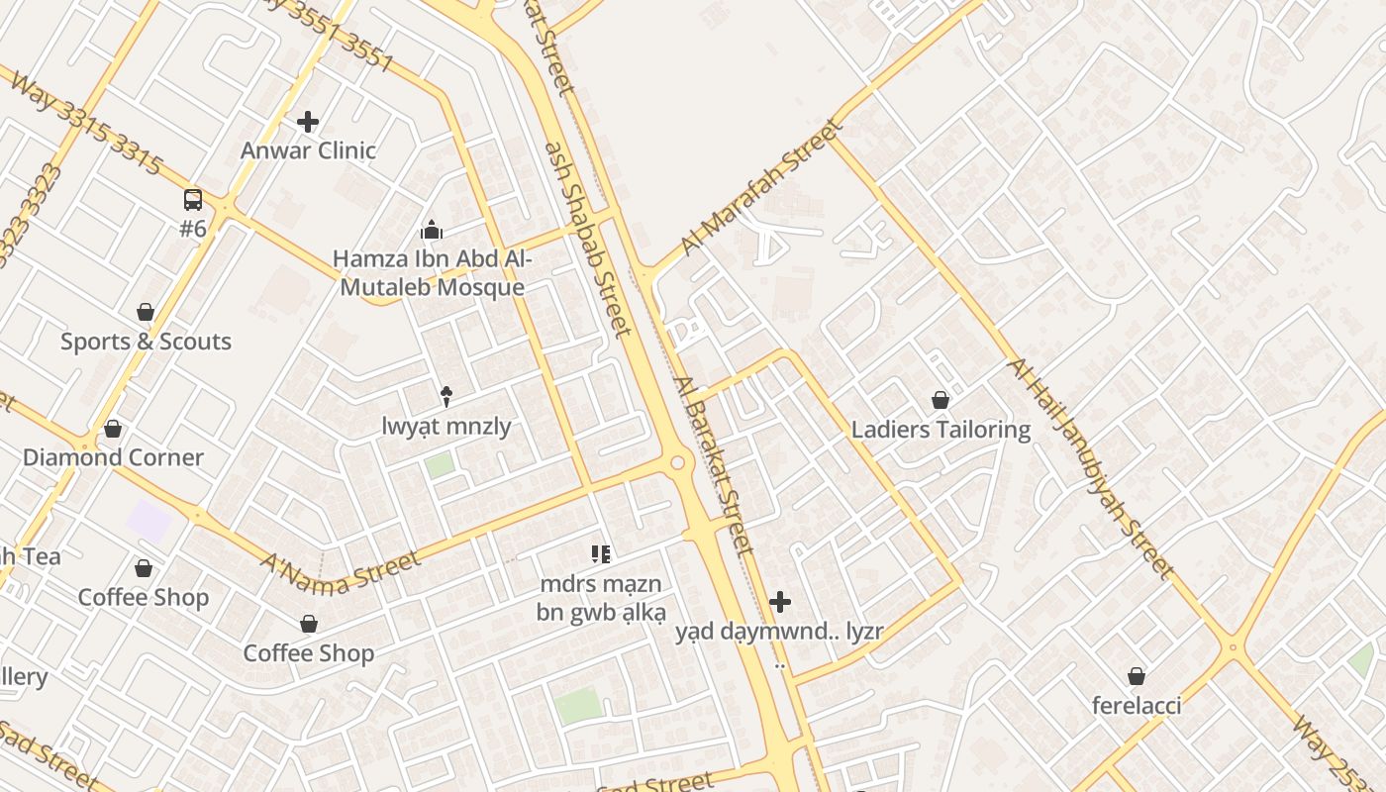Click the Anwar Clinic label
(x=308, y=150)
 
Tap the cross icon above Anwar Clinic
(x=308, y=122)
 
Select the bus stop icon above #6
(x=193, y=200)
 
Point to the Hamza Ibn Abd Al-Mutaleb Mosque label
(x=431, y=273)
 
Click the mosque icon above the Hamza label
(x=431, y=231)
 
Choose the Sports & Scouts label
(x=146, y=342)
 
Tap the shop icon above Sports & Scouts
(x=146, y=313)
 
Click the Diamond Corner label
(x=113, y=457)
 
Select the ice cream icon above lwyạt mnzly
(x=446, y=397)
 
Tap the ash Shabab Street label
(x=588, y=238)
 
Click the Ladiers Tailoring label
(x=940, y=430)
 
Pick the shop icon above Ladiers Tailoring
(x=940, y=401)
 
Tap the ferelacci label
(x=1137, y=706)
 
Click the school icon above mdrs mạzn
(x=601, y=554)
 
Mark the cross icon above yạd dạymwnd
(x=780, y=602)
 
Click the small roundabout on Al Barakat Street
(x=678, y=462)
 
